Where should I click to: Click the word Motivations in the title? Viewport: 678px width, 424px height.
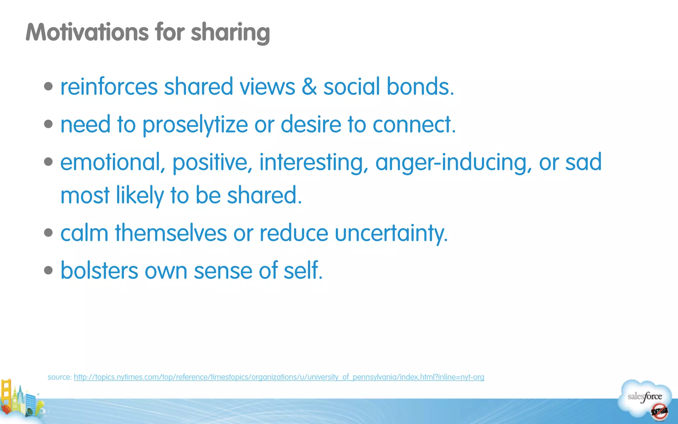(87, 32)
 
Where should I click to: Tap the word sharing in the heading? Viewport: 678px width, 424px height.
(230, 33)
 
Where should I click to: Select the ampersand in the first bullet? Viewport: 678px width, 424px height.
(309, 87)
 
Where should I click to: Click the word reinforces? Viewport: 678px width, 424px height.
(109, 87)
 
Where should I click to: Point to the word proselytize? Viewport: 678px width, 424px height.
(195, 125)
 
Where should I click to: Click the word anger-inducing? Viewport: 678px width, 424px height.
(451, 163)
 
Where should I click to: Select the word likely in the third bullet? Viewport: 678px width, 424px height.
(140, 195)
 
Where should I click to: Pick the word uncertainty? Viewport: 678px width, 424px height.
(391, 233)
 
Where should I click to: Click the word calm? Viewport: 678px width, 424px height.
(84, 233)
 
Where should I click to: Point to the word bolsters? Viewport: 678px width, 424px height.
(99, 270)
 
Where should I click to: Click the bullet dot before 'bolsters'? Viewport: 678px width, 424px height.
(48, 270)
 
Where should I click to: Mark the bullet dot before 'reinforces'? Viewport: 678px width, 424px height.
(48, 86)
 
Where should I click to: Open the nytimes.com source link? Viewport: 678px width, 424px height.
(279, 377)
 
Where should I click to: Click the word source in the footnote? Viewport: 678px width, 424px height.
(59, 377)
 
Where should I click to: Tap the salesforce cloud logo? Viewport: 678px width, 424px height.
(644, 396)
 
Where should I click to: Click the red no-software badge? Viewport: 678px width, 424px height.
(659, 412)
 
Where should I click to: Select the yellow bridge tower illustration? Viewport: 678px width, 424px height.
(6, 394)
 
